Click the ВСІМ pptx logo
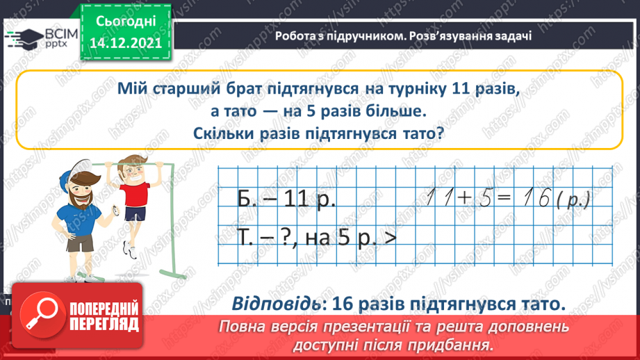pyautogui.click(x=35, y=36)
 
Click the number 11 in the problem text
pyautogui.click(x=459, y=89)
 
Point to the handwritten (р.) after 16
pyautogui.click(x=574, y=201)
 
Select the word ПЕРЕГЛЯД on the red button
pyautogui.click(x=102, y=324)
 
